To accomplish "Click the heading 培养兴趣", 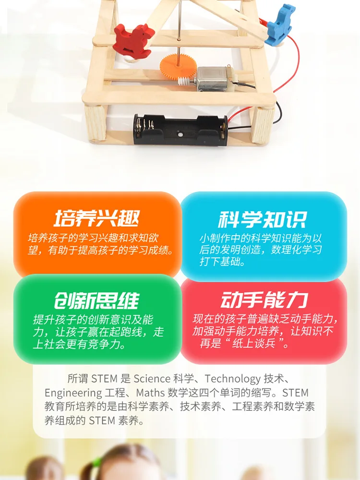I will (x=97, y=219).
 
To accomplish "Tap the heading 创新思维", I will (x=96, y=301).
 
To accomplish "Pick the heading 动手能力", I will (x=263, y=301).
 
